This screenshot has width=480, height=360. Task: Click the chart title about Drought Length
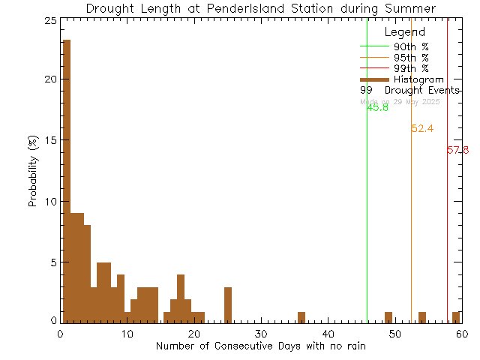[x=261, y=8]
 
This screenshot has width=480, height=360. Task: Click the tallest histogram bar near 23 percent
[x=67, y=180]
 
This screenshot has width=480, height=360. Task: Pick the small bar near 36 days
[x=301, y=316]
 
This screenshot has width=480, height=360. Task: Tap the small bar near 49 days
[x=388, y=316]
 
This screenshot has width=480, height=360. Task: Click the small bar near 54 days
[x=422, y=316]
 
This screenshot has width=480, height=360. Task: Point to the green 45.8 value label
[x=378, y=107]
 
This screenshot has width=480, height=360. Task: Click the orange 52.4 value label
[x=422, y=128]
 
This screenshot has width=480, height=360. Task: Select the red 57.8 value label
[x=457, y=150]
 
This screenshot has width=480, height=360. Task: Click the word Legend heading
[x=405, y=32]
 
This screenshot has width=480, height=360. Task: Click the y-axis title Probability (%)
[x=33, y=172]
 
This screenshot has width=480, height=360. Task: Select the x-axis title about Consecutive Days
[x=261, y=346]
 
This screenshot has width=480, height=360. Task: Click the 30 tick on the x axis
[x=260, y=333]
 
